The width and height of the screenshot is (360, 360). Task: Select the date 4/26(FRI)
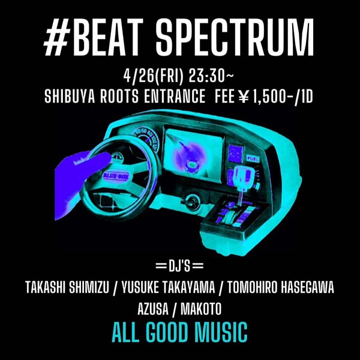[150, 77]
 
